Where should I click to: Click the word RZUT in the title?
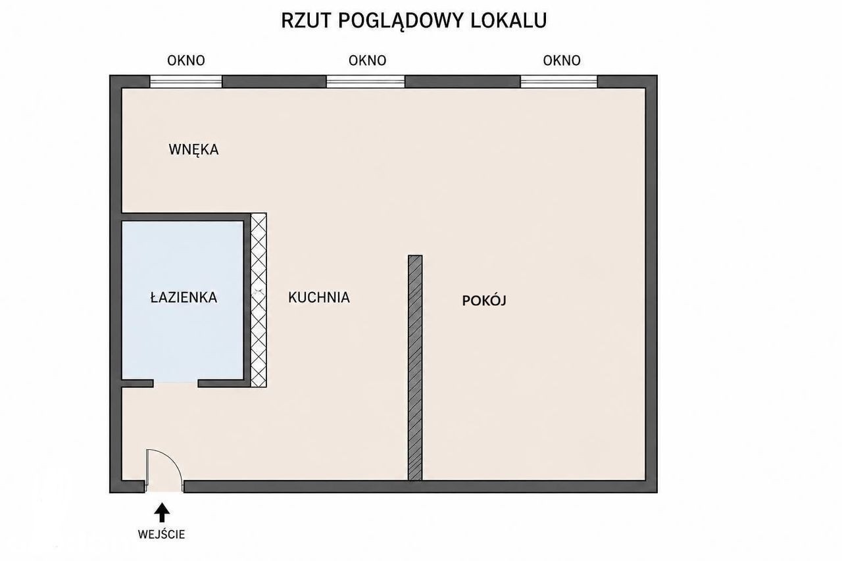coord(305,20)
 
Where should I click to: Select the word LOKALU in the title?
coord(508,20)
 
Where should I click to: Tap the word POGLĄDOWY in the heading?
coord(399,22)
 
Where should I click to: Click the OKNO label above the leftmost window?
coord(186,61)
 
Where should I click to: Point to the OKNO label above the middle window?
coord(367,61)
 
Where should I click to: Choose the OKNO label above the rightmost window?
coord(562,61)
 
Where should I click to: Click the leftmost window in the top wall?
coord(186,82)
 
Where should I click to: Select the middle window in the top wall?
coord(365,82)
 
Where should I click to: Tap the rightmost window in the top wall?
coord(559,82)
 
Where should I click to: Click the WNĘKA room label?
coord(193,149)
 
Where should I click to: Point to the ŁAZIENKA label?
coord(184,297)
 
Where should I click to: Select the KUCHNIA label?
coord(319,297)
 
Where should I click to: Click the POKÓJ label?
coord(484,300)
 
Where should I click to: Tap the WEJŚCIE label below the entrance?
coord(162,534)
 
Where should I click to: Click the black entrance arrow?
coord(162,512)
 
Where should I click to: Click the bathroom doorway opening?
coord(176,383)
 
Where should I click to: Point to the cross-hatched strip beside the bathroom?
coord(259,300)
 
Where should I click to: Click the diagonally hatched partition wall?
coord(415,368)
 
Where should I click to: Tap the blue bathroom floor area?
coord(183,300)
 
